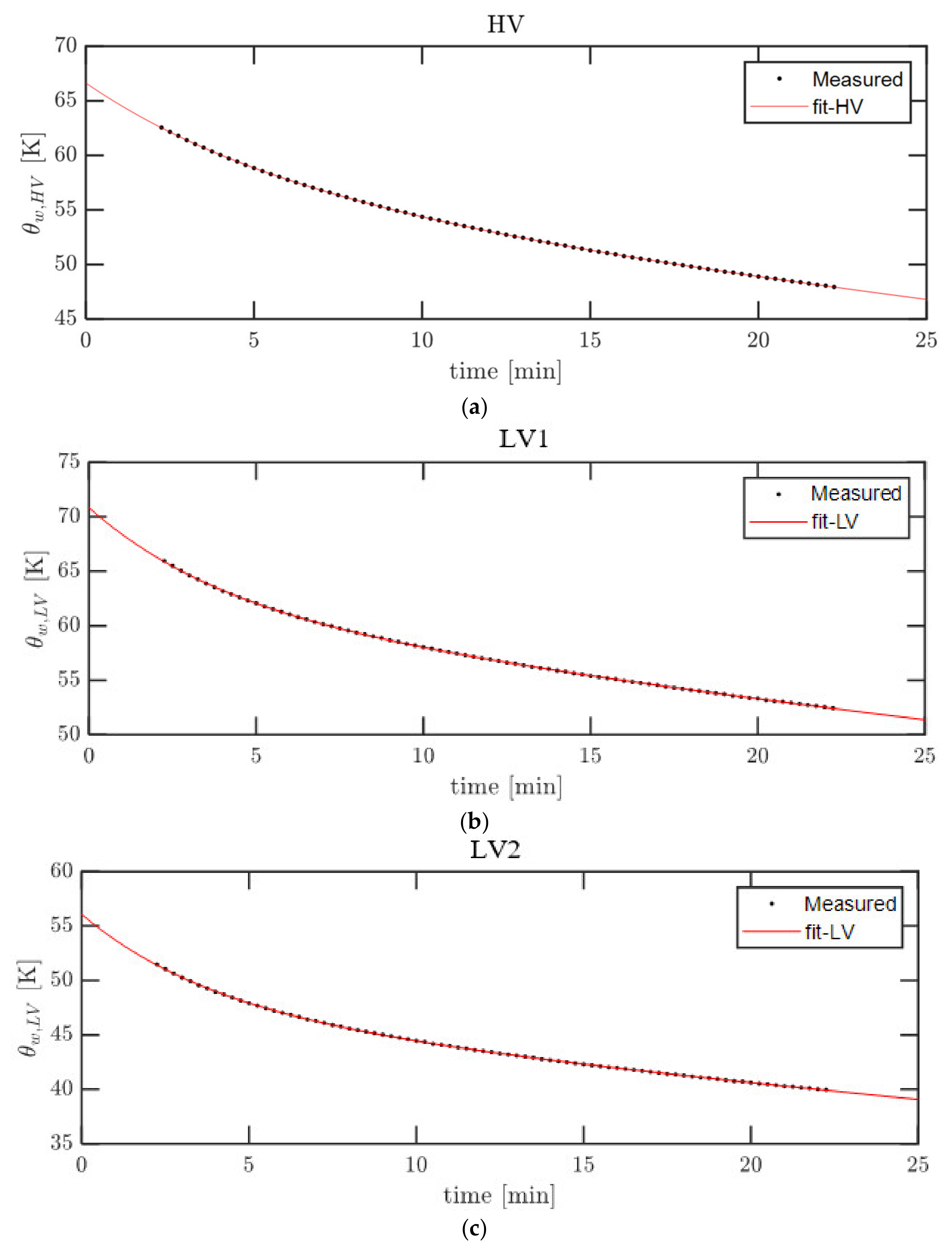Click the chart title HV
pyautogui.click(x=505, y=24)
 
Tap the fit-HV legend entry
pyautogui.click(x=837, y=107)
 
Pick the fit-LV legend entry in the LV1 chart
pyautogui.click(x=834, y=521)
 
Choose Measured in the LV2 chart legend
pyautogui.click(x=850, y=904)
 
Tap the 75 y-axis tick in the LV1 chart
pyautogui.click(x=69, y=461)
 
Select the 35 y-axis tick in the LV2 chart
pyautogui.click(x=62, y=1143)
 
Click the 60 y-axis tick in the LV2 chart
pyautogui.click(x=62, y=870)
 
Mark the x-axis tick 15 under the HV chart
pyautogui.click(x=590, y=340)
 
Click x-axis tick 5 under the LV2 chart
pyautogui.click(x=248, y=1165)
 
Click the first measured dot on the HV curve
pyautogui.click(x=161, y=128)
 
